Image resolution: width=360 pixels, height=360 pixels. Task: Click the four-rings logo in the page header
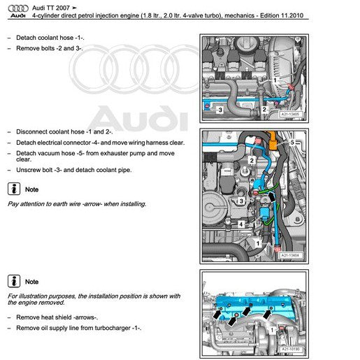18,8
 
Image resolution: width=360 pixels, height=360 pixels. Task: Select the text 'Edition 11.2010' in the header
282,15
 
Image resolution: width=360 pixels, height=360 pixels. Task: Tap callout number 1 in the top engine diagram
275,80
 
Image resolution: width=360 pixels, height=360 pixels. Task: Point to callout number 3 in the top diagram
220,110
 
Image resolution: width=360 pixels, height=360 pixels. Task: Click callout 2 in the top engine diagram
264,109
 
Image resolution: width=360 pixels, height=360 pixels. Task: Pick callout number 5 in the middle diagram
292,142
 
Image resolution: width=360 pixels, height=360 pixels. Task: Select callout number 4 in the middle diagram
241,224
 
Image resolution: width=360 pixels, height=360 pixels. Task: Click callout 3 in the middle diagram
241,201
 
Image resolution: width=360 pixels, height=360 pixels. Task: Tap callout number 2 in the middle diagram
252,160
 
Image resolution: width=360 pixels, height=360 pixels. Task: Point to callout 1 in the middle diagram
258,244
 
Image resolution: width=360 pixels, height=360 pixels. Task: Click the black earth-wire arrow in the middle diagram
272,196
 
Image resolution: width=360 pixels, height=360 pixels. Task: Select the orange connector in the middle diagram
273,141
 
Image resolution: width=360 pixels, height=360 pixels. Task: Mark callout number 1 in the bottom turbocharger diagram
272,330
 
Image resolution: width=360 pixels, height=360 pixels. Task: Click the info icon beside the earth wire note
14,189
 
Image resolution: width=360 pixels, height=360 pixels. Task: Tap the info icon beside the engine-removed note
14,281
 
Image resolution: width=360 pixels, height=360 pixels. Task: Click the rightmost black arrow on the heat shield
267,313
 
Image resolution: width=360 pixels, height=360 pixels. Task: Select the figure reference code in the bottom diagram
291,349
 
